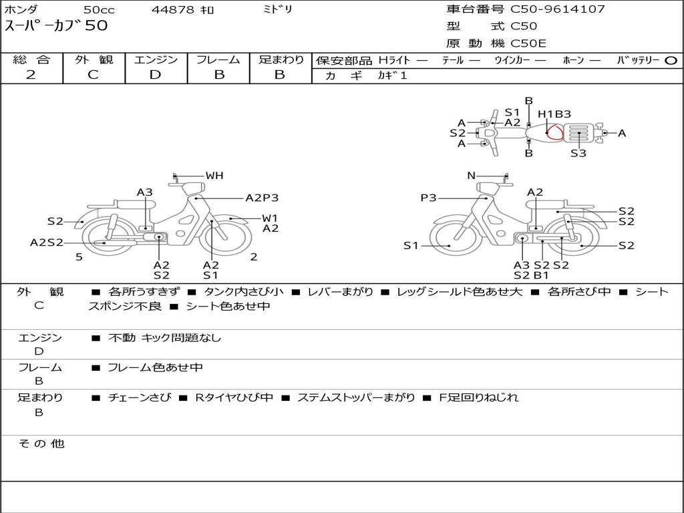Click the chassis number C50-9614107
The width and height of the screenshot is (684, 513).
tap(558, 9)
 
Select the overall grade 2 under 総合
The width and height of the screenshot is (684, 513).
tap(31, 75)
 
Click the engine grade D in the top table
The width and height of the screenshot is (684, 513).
tap(156, 75)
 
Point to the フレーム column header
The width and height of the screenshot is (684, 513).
tap(218, 59)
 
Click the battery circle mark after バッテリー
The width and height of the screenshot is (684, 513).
tap(671, 61)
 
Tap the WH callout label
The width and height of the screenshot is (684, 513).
tap(214, 176)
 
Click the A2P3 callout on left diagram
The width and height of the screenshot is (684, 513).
tap(262, 198)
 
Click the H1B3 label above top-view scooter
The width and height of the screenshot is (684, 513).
tap(554, 114)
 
